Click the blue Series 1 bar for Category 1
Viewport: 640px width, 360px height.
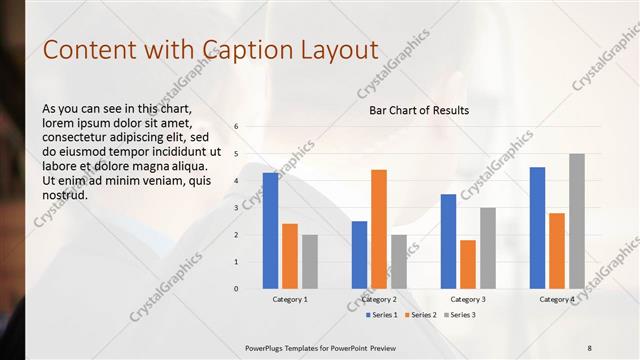pos(270,230)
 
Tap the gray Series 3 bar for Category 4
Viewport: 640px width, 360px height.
pos(577,220)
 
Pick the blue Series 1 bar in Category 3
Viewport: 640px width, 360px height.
pos(448,240)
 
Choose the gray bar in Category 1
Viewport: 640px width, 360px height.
pos(310,261)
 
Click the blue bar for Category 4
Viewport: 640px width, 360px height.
pos(537,227)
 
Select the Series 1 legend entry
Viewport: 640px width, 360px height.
pos(381,315)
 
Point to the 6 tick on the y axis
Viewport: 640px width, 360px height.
pos(236,127)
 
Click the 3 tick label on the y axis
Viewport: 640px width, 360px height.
pos(236,208)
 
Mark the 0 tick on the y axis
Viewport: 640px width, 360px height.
pos(236,289)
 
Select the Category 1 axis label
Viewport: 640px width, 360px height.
pos(290,299)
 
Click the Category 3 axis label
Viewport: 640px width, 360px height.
pos(468,299)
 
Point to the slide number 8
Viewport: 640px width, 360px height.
pos(589,347)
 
